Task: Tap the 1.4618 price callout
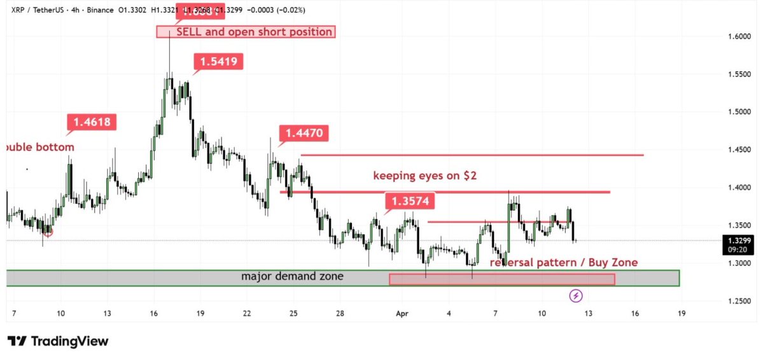click(92, 122)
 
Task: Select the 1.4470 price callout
click(304, 134)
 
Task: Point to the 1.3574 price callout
click(410, 202)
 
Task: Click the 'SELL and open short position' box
click(246, 32)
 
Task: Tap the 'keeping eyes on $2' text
click(425, 176)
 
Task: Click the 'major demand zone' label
click(293, 277)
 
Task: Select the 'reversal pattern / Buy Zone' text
click(563, 263)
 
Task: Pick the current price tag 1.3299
click(737, 241)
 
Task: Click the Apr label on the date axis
click(402, 314)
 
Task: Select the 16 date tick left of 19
click(634, 314)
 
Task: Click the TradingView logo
click(58, 342)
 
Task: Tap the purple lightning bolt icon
click(577, 295)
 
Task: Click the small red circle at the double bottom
click(48, 233)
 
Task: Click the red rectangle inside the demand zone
click(501, 279)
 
